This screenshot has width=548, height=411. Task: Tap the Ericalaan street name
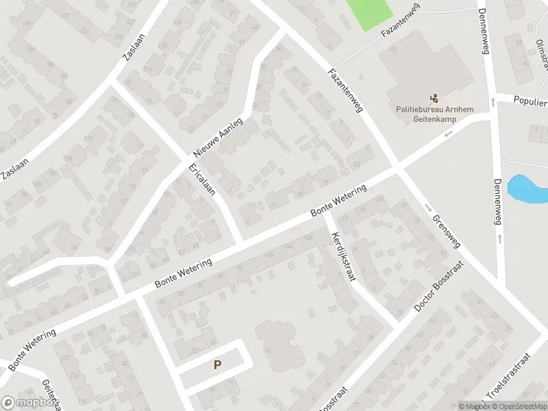coord(202,179)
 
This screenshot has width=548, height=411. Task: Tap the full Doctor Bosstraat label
coord(439,286)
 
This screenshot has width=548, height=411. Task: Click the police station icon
coord(434,98)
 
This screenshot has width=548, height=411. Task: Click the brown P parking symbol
coord(217,365)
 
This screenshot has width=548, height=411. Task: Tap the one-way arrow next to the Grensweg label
coord(427,208)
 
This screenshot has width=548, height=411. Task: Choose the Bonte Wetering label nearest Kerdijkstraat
coord(338,201)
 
